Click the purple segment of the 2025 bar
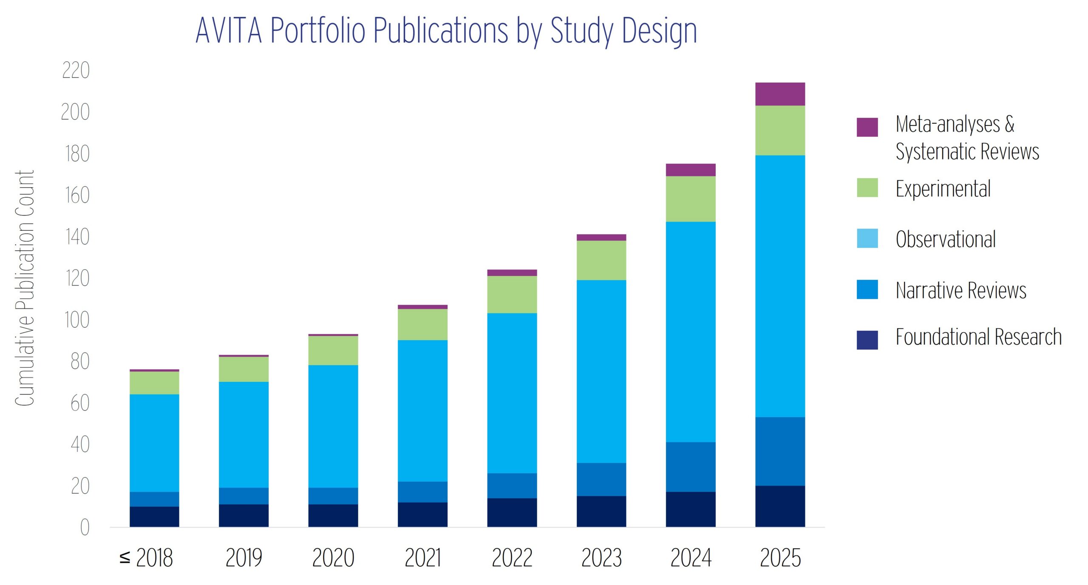click(x=780, y=94)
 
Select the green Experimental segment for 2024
click(x=691, y=199)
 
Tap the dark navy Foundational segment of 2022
click(x=512, y=512)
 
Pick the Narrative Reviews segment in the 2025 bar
click(x=780, y=451)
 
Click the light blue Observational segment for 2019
click(x=244, y=434)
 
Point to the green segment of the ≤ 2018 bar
click(x=154, y=383)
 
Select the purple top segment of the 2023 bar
click(x=601, y=237)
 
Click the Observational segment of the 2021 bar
click(x=422, y=410)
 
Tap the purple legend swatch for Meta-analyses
click(x=867, y=127)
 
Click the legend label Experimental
click(x=943, y=189)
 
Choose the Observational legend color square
click(x=867, y=239)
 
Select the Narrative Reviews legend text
click(x=960, y=290)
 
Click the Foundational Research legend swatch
click(x=867, y=340)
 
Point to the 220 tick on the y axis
click(x=76, y=71)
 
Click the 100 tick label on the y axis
click(x=76, y=320)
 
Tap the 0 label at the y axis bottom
click(x=85, y=528)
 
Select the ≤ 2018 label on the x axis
click(x=146, y=557)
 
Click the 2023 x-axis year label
click(x=601, y=557)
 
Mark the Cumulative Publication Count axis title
click(x=25, y=288)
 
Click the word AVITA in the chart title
click(x=228, y=31)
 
